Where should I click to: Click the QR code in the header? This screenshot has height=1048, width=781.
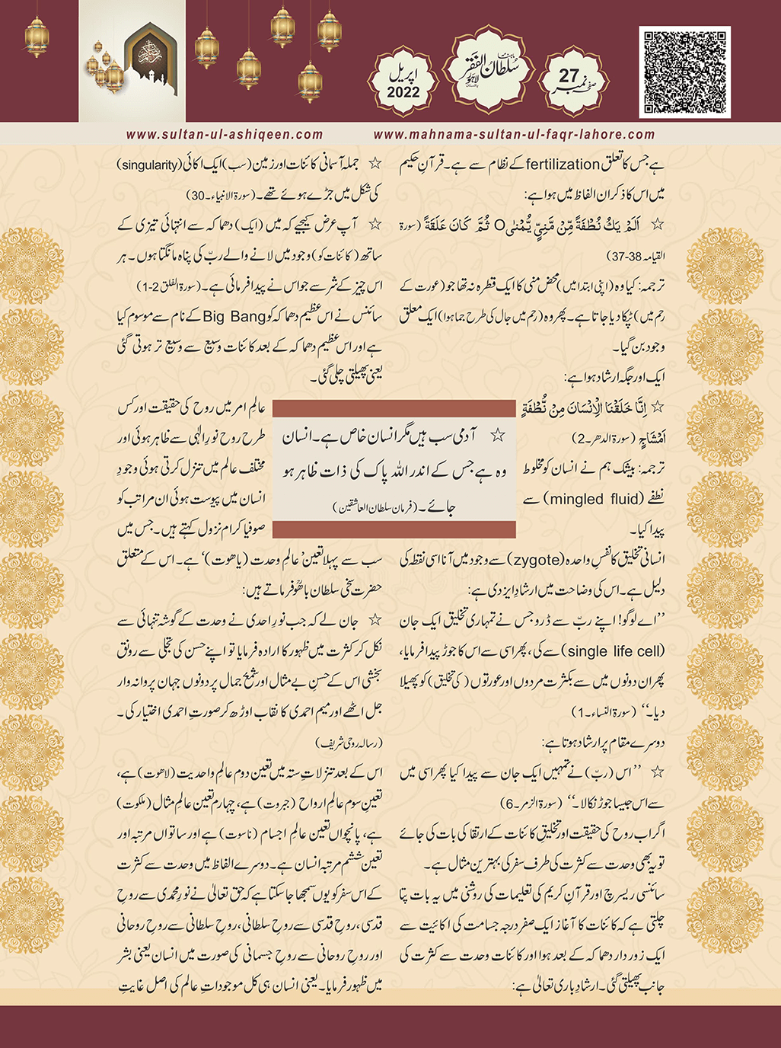point(685,72)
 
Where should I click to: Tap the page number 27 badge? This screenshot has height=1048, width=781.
point(569,76)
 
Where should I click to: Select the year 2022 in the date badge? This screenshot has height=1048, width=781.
point(403,92)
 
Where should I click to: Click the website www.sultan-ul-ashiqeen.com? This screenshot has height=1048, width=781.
point(225,134)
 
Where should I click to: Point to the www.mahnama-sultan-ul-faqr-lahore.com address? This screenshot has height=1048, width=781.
point(514,134)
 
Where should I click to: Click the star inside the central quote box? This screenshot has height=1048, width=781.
point(499,436)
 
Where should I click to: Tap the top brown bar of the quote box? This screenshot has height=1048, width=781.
point(394,408)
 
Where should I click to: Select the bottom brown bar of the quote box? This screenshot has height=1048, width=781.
point(394,530)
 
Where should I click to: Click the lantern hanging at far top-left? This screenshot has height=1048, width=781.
point(36,34)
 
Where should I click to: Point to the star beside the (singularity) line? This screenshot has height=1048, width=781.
point(375,164)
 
